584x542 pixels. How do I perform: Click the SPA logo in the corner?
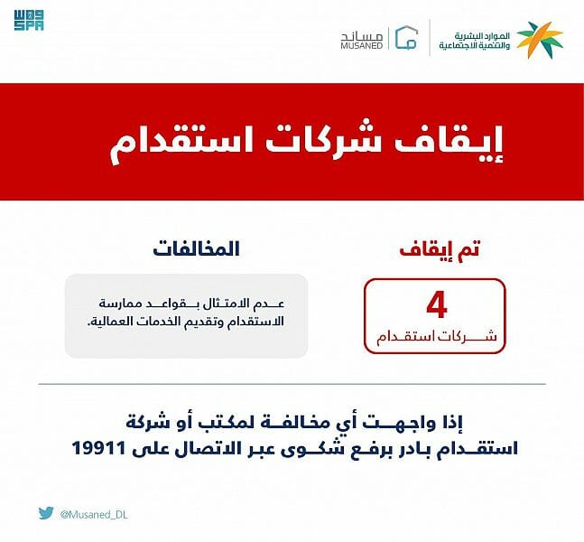29,20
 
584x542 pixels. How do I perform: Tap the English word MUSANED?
362,45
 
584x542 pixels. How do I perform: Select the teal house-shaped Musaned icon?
406,37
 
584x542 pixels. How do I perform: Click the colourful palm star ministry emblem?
540,40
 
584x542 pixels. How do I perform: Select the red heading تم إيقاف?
439,249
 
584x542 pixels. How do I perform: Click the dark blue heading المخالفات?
196,249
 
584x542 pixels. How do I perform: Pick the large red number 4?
437,305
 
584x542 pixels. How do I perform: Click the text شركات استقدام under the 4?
436,337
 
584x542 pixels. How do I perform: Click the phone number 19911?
98,448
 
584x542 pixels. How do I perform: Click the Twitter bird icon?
46,513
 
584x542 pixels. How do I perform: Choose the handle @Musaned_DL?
94,515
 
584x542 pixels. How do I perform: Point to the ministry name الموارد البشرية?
482,36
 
